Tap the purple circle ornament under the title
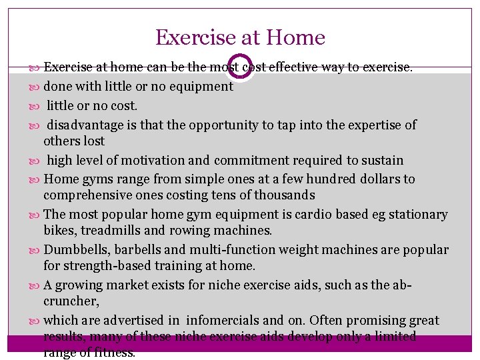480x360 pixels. coord(240,67)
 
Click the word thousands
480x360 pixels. coord(280,195)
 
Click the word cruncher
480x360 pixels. coord(71,301)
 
